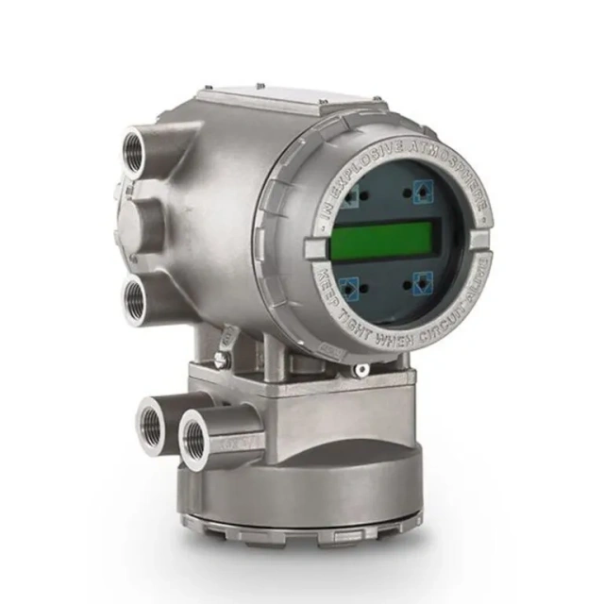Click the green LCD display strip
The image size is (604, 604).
[381, 239]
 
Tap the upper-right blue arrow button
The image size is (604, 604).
[421, 193]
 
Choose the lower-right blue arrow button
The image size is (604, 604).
[422, 281]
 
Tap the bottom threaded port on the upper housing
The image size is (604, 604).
[137, 300]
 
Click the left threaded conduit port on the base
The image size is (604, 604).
[152, 416]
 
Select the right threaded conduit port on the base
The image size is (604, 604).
[196, 435]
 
